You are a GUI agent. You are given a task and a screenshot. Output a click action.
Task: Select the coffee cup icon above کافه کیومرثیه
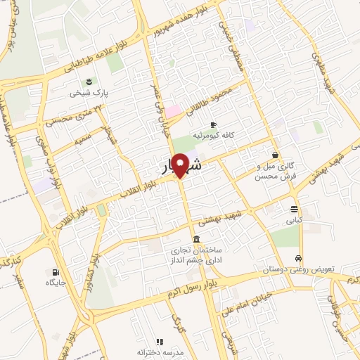pyautogui.click(x=213, y=124)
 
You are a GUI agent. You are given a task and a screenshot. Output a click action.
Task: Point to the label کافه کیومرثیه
pyautogui.click(x=213, y=135)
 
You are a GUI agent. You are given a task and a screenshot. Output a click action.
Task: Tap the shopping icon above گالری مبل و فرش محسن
pyautogui.click(x=274, y=155)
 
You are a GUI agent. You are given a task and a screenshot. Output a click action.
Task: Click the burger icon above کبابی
pyautogui.click(x=295, y=208)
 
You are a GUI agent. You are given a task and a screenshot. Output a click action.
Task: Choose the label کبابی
pyautogui.click(x=295, y=219)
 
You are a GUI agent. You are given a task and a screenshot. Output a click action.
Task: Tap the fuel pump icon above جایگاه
pyautogui.click(x=56, y=271)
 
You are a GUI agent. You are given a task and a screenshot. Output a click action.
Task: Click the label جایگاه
pyautogui.click(x=56, y=283)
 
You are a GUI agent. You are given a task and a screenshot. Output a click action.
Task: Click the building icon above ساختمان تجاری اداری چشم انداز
pyautogui.click(x=195, y=239)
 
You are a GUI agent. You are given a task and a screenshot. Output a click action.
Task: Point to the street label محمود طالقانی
pyautogui.click(x=224, y=97)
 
